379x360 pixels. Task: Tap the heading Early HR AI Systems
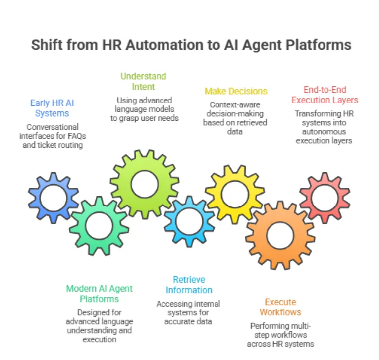tap(52, 108)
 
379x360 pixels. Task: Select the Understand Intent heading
tap(143, 82)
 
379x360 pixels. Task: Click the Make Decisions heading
tap(236, 91)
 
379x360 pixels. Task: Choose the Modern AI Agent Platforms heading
tap(99, 294)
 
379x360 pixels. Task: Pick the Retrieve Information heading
tap(189, 285)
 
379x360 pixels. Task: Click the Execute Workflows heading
tap(280, 307)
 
